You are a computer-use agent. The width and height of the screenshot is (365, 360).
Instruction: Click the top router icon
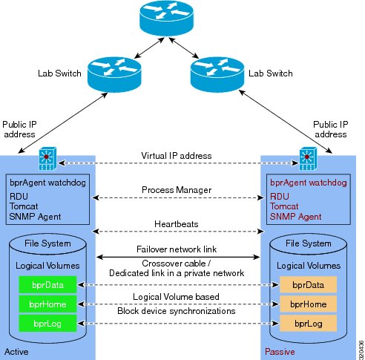[166, 18]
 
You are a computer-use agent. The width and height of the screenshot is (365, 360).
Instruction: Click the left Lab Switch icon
[114, 74]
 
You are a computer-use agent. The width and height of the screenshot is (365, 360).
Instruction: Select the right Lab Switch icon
[217, 74]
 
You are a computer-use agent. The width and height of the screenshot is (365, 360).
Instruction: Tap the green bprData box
[47, 285]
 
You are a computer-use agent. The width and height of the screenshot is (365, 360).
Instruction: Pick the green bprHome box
[47, 304]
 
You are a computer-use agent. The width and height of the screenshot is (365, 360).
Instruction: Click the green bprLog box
[47, 324]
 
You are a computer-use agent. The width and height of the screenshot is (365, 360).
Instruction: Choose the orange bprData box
[308, 285]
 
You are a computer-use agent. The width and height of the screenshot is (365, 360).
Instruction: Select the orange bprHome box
[308, 304]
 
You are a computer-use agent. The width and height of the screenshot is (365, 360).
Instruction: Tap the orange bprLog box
[308, 324]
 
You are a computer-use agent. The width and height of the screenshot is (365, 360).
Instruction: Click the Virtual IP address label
[177, 156]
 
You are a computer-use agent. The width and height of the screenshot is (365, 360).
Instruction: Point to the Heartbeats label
[177, 224]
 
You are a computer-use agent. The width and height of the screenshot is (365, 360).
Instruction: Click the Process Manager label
[177, 190]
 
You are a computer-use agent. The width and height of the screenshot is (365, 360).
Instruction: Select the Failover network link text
[177, 249]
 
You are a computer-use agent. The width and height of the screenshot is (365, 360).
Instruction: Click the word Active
[16, 352]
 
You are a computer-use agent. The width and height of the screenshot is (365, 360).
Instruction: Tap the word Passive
[280, 352]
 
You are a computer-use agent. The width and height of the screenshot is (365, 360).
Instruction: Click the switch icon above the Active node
[47, 159]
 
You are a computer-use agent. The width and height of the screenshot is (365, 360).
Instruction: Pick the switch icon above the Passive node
[308, 159]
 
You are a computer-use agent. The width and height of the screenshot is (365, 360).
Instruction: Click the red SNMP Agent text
[295, 217]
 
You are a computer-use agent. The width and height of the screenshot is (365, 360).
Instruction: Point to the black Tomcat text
[24, 206]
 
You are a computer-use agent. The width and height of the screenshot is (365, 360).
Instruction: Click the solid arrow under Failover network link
[178, 258]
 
